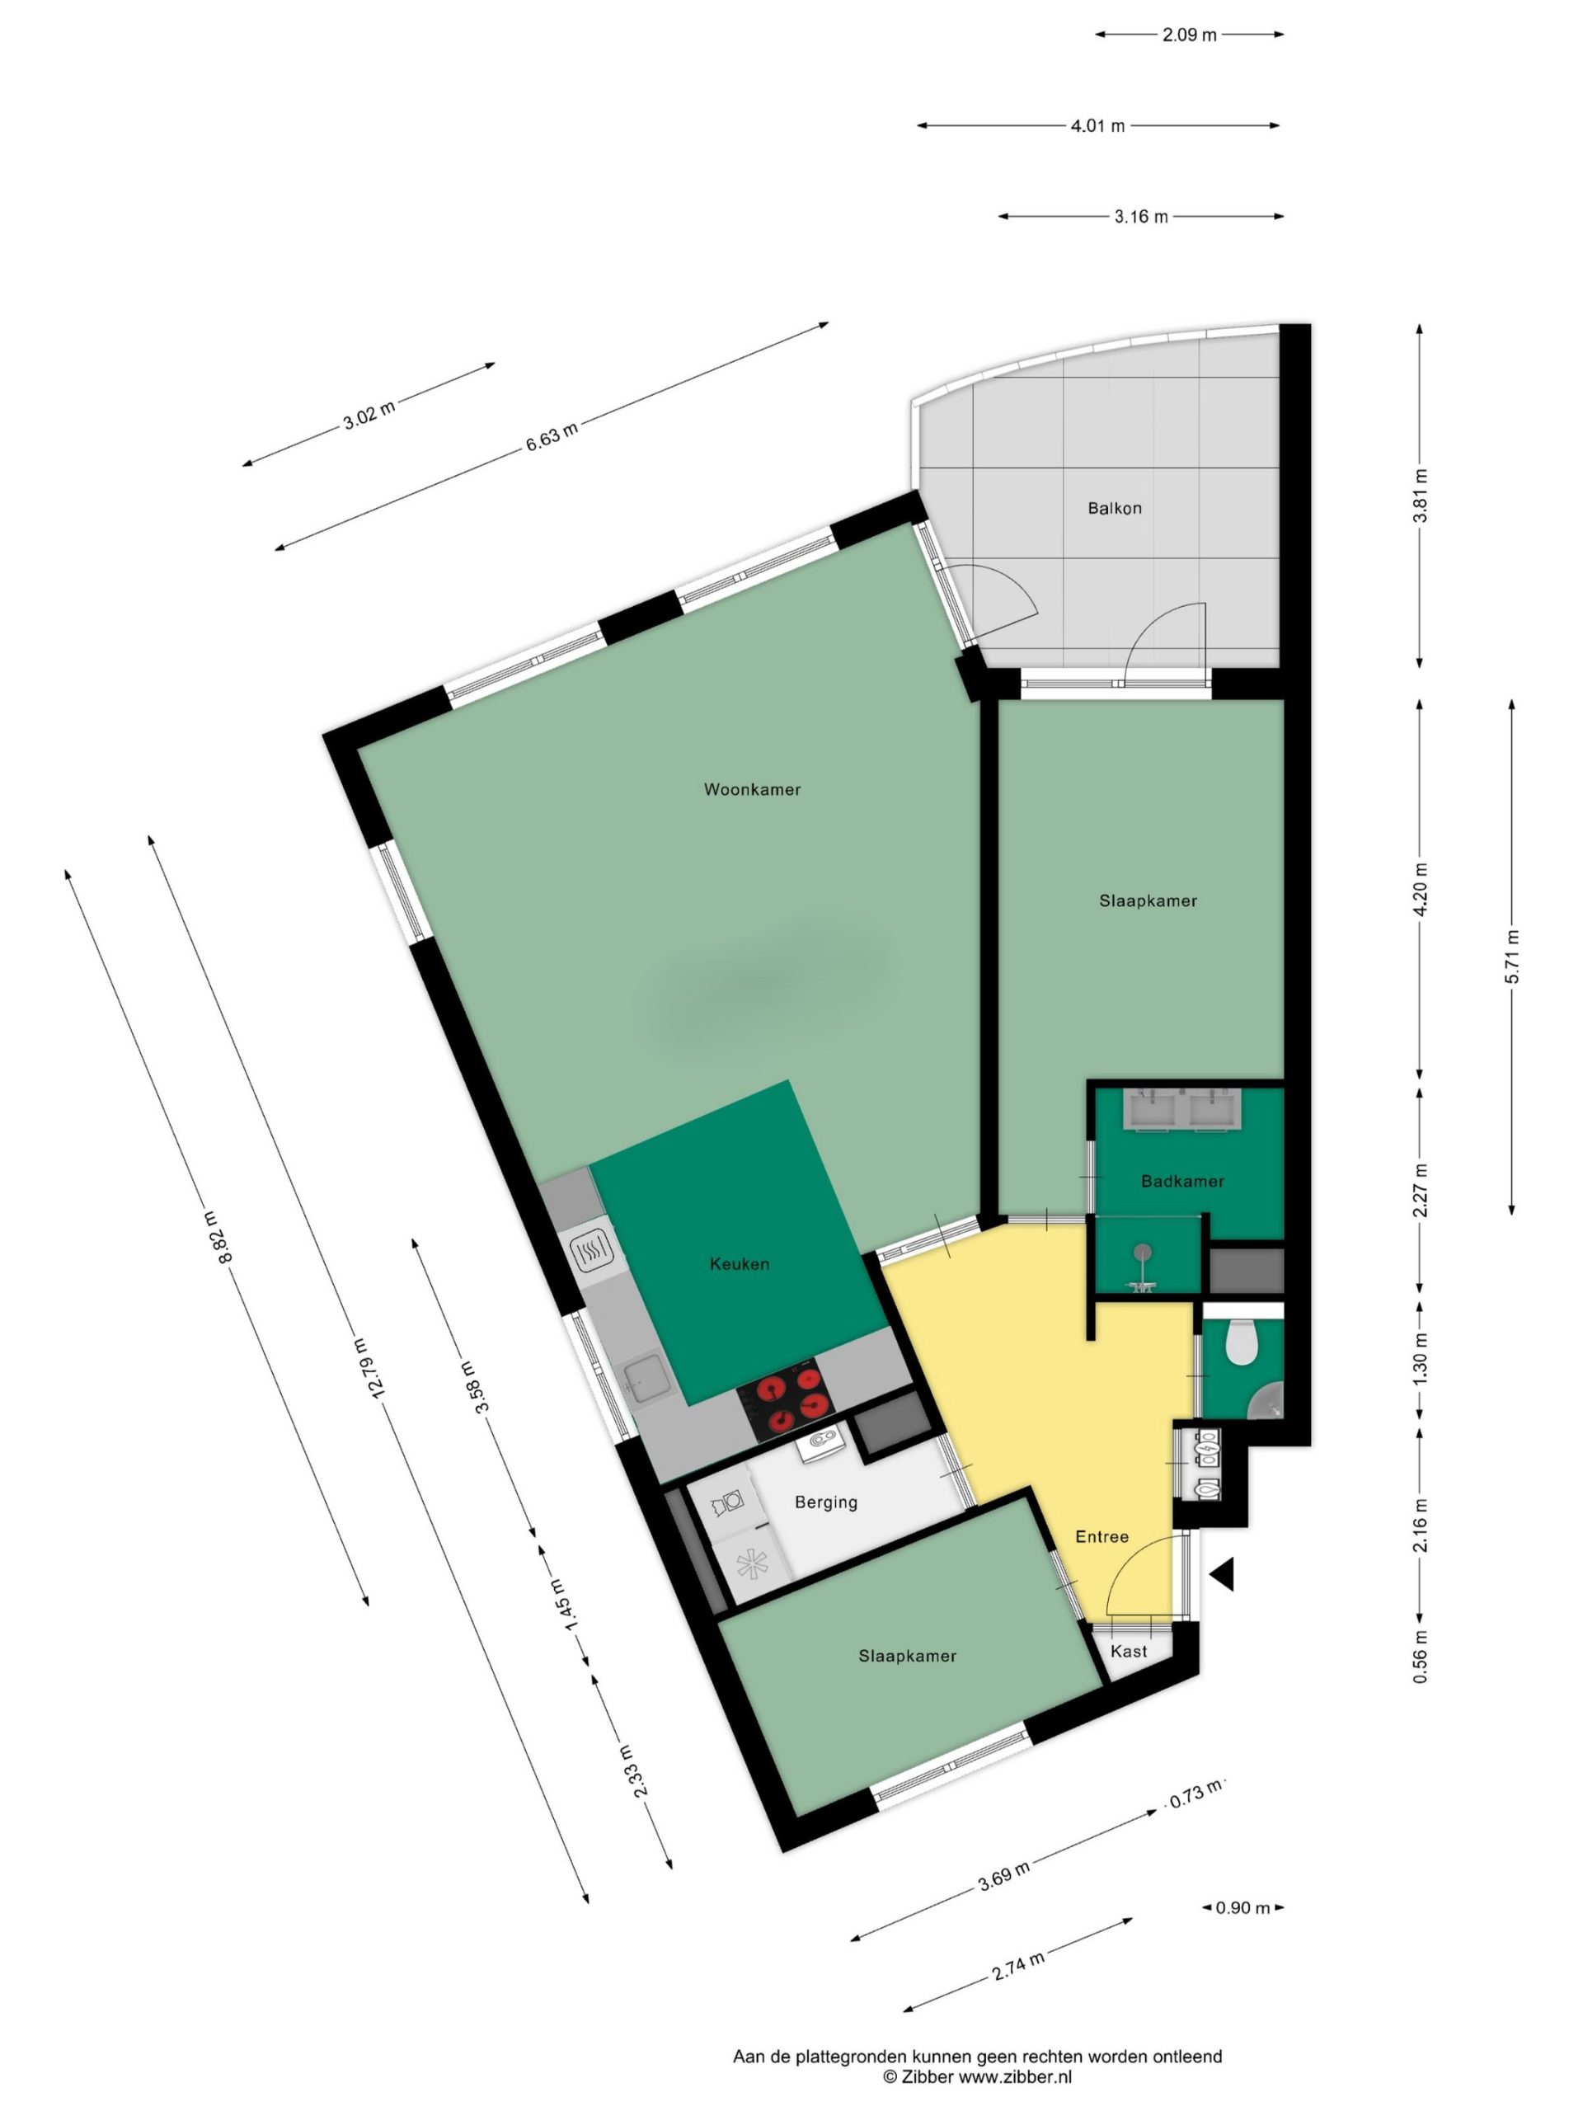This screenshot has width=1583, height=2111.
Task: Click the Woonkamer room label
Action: pos(752,789)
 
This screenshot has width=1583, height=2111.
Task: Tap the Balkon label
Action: pos(1115,508)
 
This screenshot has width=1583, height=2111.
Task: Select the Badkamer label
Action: pos(1182,1181)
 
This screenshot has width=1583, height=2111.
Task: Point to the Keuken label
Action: pos(740,1263)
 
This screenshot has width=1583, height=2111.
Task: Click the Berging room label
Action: pos(826,1502)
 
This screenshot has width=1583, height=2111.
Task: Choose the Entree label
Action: pos(1102,1536)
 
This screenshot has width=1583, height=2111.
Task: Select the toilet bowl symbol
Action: pos(1241,1342)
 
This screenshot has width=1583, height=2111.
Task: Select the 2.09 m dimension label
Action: pos(1189,35)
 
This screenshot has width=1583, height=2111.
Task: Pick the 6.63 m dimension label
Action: pos(552,436)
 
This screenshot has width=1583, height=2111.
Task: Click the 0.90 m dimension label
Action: pos(1242,1907)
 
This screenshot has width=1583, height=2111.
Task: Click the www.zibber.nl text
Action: pos(1015,2076)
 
